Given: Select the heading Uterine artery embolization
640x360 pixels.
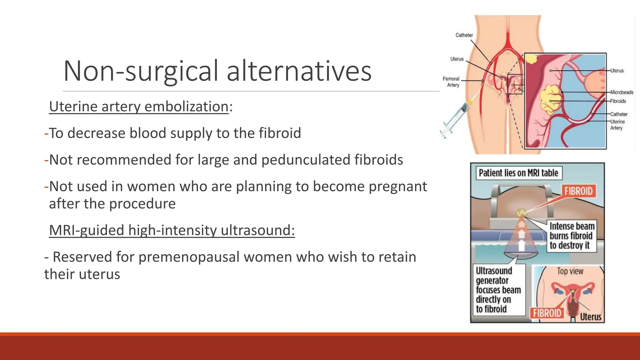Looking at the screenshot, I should tap(139, 107).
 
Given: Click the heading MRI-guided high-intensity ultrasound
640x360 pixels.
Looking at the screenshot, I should tap(172, 230).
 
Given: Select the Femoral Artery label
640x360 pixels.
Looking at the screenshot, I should tap(451, 82).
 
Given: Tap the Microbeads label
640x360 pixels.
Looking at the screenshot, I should tap(622, 92).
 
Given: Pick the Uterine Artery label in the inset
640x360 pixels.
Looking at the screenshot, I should tap(617, 125).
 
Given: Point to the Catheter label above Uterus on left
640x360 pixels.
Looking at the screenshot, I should tap(464, 35).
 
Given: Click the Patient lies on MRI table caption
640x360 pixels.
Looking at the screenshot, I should tap(518, 173).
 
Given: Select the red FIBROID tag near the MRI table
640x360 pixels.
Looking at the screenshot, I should tap(578, 191).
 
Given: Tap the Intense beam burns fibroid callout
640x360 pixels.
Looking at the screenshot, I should tap(572, 236).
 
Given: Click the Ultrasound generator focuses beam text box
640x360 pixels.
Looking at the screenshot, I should tap(498, 290).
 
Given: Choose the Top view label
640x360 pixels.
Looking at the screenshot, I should tap(570, 271).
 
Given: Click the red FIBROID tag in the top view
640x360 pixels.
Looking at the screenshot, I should tap(547, 313).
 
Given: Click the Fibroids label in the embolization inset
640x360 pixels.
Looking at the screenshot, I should tap(618, 101).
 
